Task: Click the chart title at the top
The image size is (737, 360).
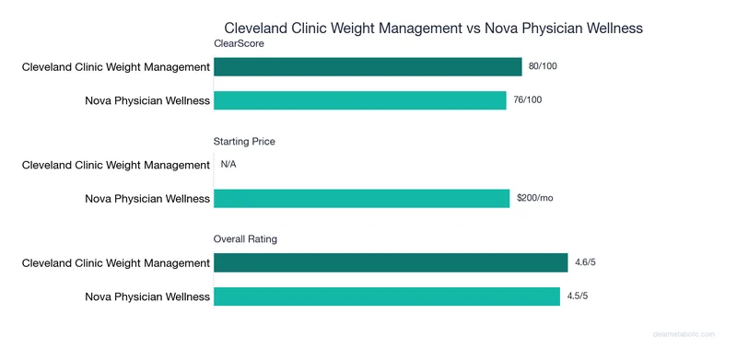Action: tap(433, 29)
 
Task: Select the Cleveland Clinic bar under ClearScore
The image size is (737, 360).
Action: tap(368, 67)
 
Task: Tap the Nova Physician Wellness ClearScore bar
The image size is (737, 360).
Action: tap(360, 100)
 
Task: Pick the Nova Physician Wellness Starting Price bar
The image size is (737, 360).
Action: tap(361, 199)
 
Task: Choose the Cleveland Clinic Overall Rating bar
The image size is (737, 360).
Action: tap(391, 263)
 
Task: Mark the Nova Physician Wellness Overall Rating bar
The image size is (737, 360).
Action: tap(387, 296)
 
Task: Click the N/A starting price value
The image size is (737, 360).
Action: tap(229, 165)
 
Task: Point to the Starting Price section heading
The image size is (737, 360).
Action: tap(244, 142)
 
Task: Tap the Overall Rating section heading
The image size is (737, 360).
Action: tap(245, 239)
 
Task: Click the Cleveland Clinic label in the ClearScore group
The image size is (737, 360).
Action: tap(116, 67)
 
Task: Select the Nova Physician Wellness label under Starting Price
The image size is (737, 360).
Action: tap(147, 199)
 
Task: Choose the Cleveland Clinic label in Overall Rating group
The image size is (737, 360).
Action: tap(116, 263)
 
